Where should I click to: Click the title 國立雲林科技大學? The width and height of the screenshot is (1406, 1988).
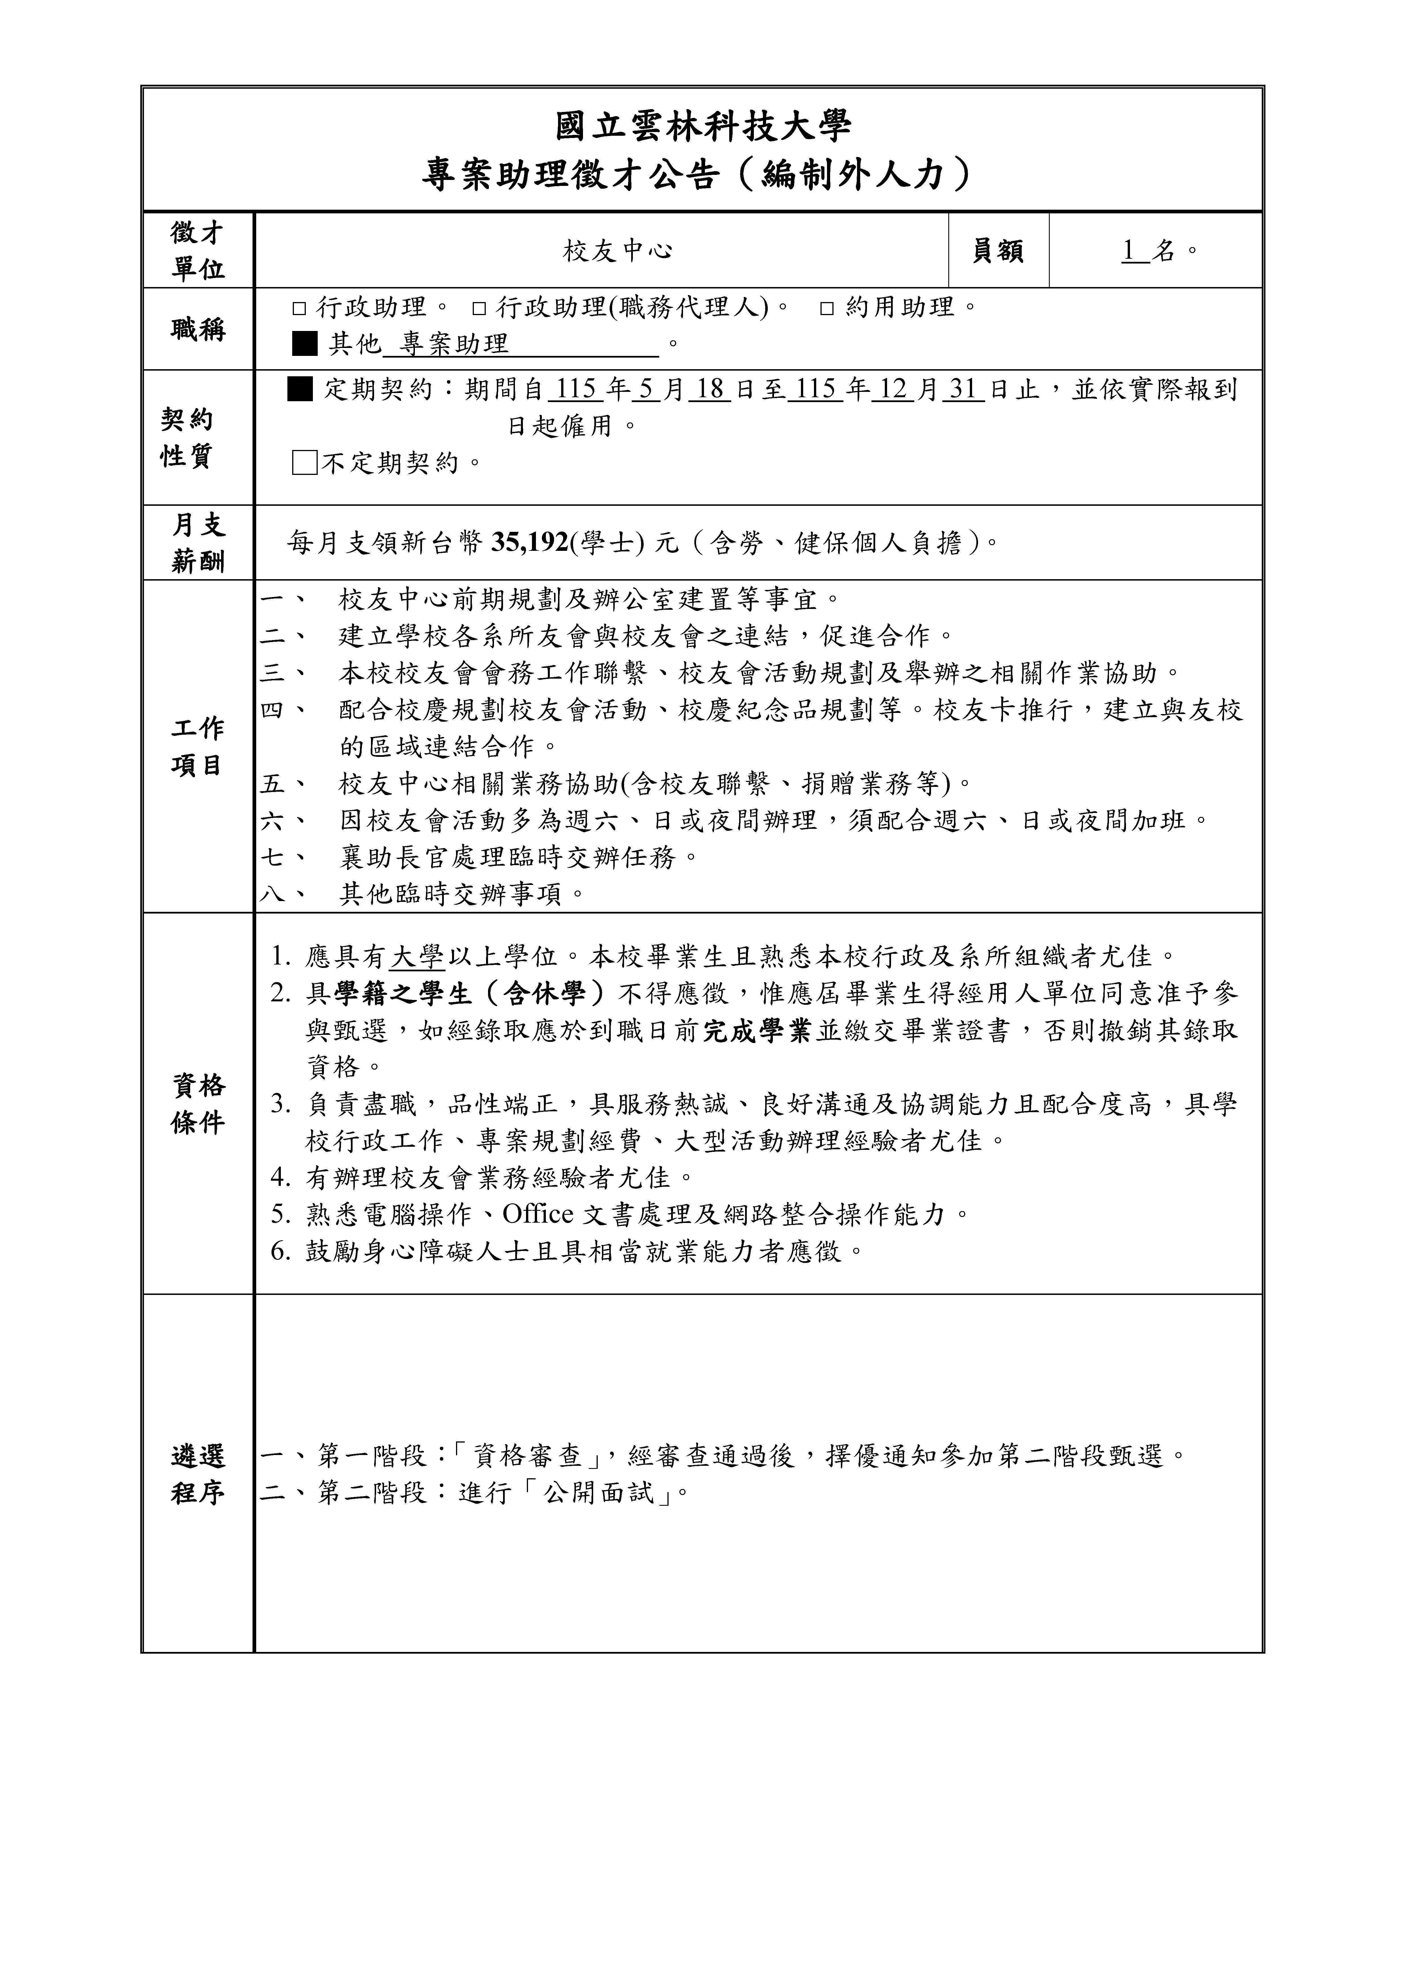pos(703,126)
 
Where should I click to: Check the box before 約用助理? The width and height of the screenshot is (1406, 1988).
pos(827,308)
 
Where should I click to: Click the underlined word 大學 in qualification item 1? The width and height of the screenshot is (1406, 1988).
pos(417,957)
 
